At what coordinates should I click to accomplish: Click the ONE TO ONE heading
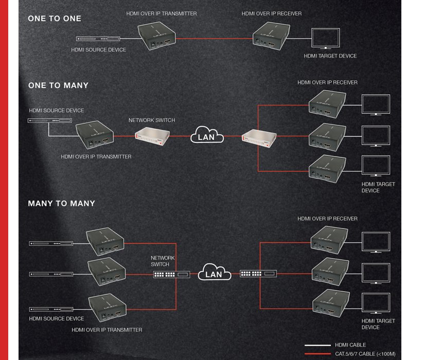point(54,19)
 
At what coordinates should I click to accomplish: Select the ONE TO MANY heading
point(58,85)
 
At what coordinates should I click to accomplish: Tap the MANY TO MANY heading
point(61,204)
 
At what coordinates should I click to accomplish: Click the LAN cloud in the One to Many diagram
point(207,136)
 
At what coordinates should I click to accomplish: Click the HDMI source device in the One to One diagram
point(98,39)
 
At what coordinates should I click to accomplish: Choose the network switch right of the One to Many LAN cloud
point(259,136)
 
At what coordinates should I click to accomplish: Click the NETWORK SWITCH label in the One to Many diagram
point(152,120)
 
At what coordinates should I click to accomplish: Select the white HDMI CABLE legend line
point(317,345)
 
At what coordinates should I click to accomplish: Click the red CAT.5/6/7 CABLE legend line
point(317,354)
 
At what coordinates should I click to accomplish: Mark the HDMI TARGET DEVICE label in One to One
point(330,56)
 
